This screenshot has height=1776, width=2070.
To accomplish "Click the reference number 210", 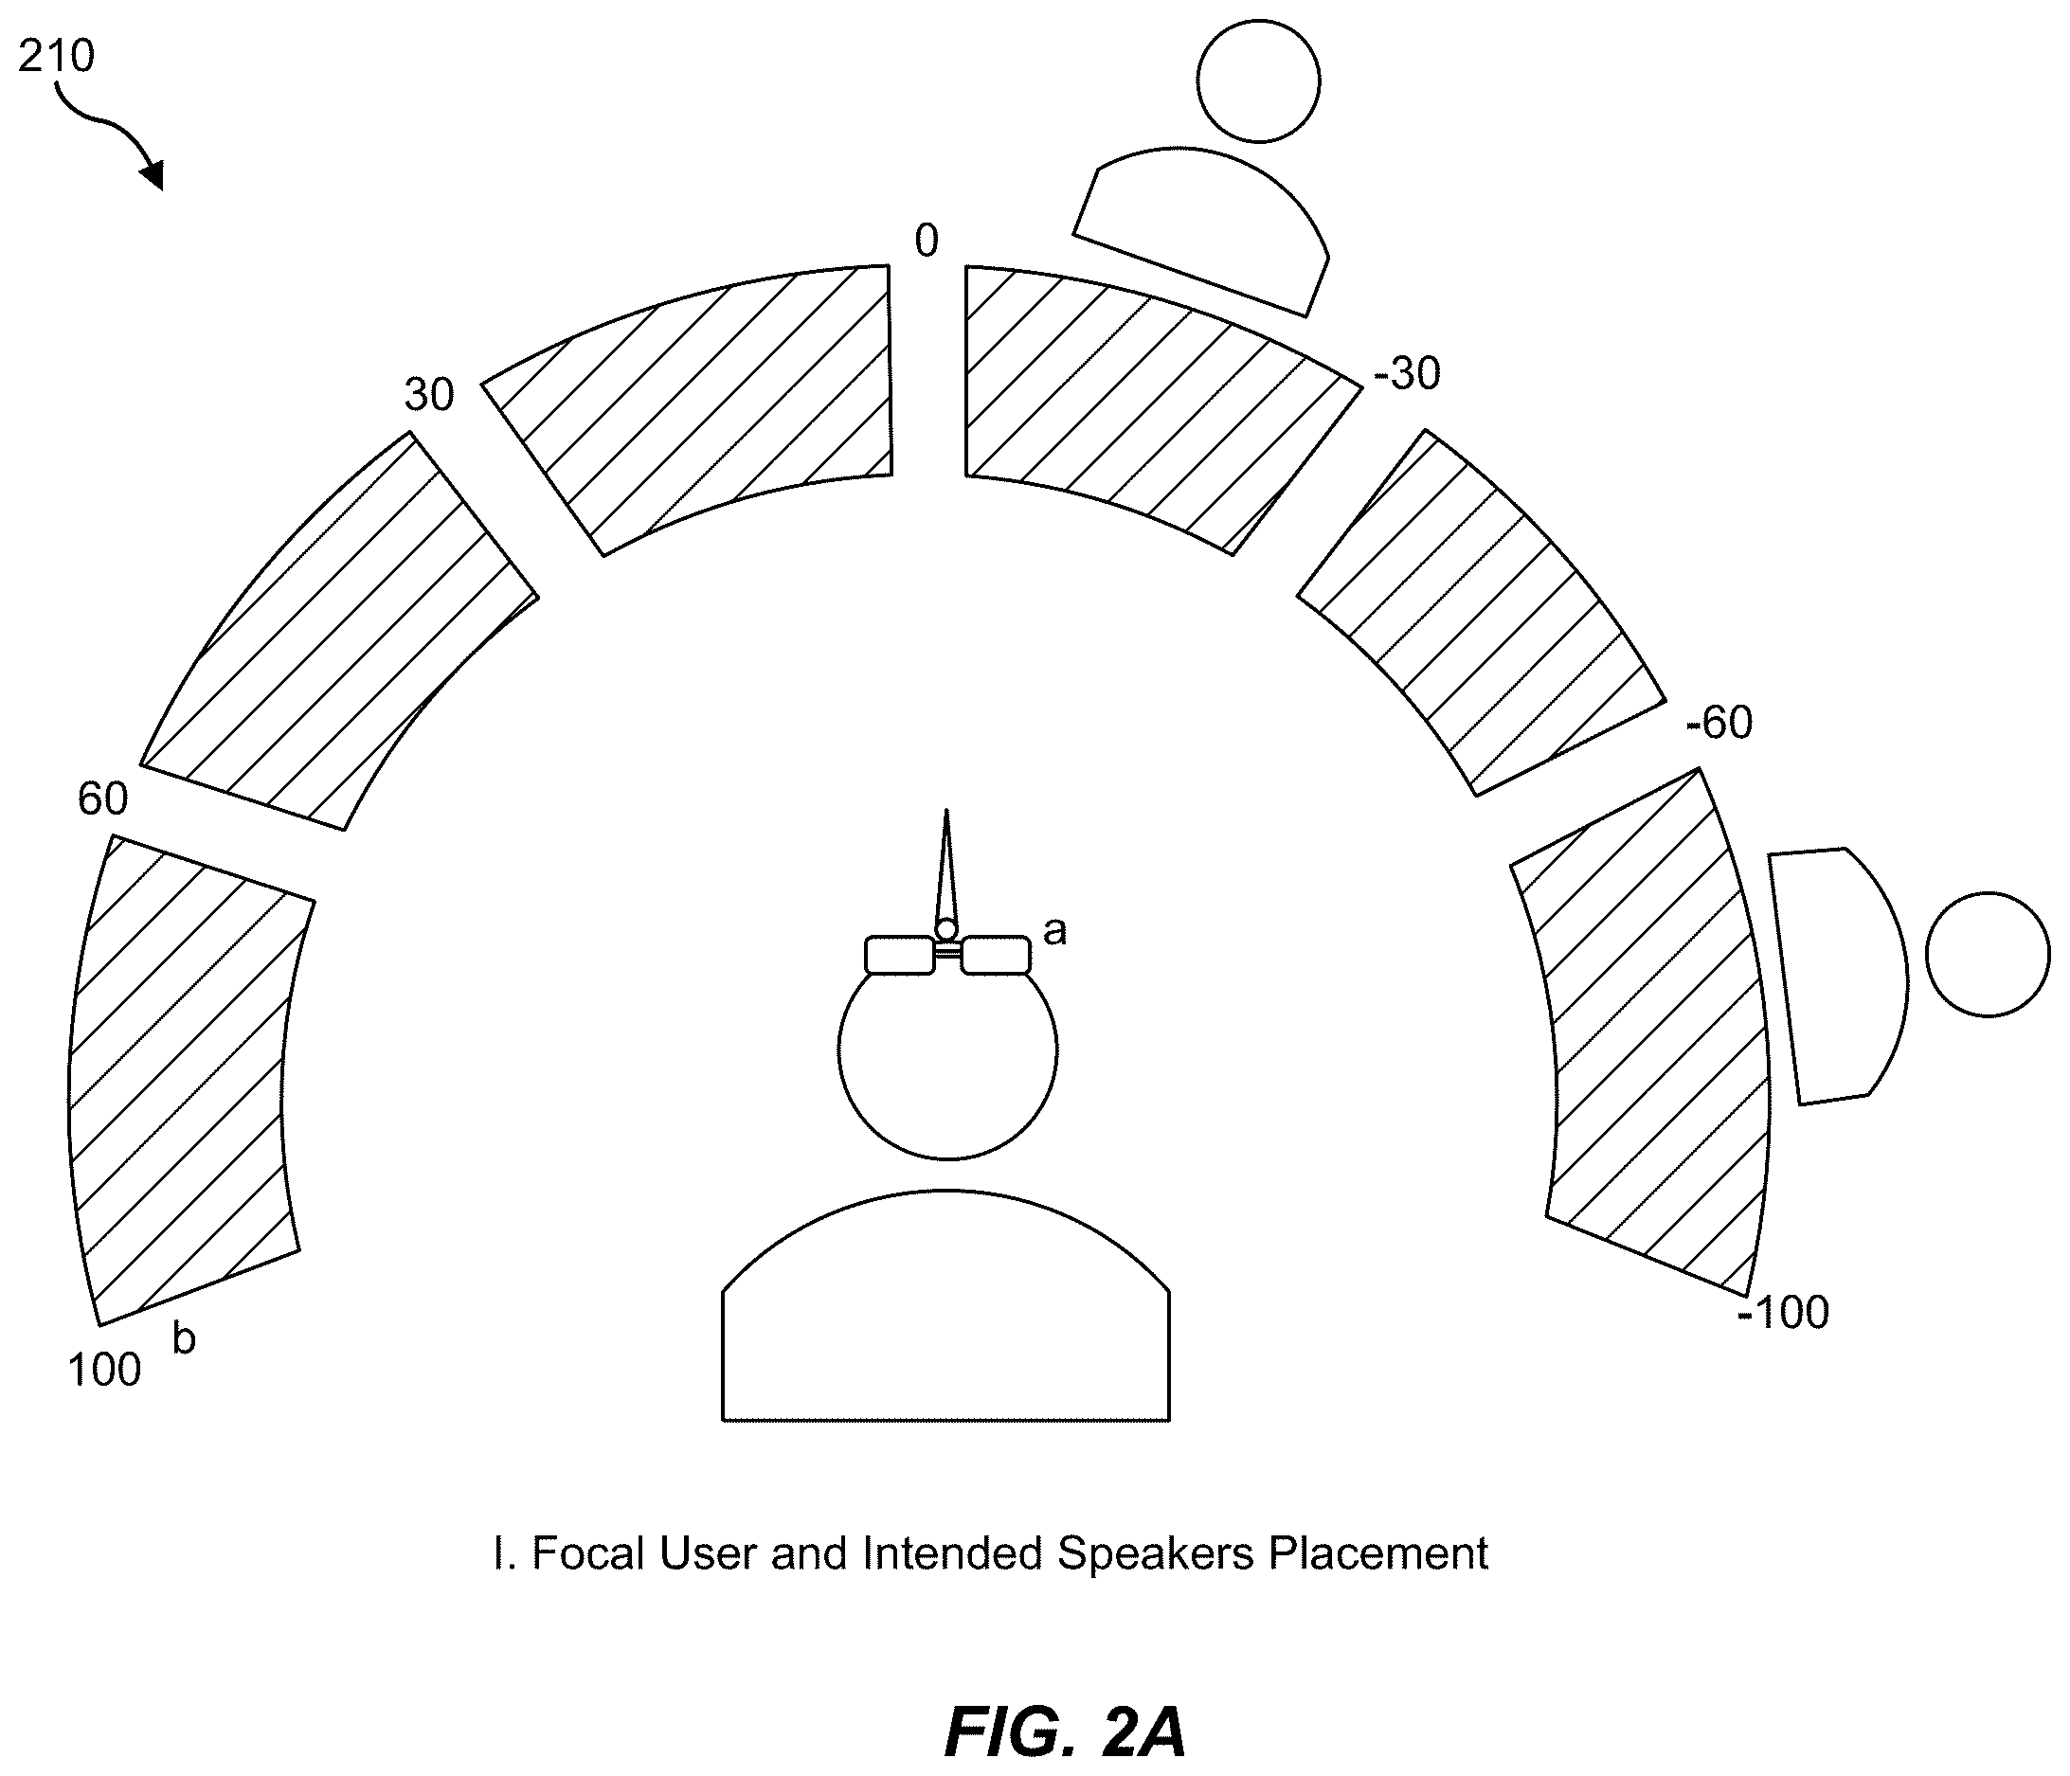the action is [x=56, y=56].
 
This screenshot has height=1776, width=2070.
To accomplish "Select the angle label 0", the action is [x=927, y=241].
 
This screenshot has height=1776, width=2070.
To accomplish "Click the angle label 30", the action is [x=428, y=396].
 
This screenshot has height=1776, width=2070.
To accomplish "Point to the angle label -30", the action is [x=1407, y=373].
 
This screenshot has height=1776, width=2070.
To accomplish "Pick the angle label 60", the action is [x=103, y=799].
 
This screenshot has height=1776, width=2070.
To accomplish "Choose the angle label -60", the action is [x=1719, y=723].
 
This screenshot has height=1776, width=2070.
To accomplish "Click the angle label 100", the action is [x=104, y=1370].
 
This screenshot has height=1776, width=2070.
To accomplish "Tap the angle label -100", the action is [x=1783, y=1313].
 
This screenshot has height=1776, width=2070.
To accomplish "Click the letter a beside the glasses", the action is [x=1055, y=932].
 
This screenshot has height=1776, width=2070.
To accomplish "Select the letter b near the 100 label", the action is [x=184, y=1338].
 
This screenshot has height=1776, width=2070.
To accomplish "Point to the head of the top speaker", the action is [x=1259, y=81].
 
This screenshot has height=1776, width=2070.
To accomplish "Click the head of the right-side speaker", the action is [x=1989, y=955].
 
